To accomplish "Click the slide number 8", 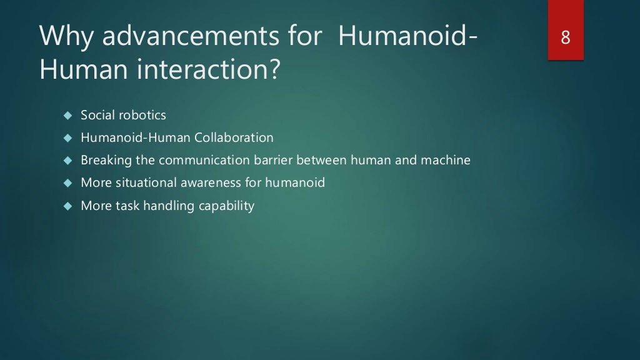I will coord(566,37).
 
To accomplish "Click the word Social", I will coord(96,116).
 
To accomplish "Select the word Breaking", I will coord(106,160).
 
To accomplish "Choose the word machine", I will coord(446,160).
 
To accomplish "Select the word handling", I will coord(169,206).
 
